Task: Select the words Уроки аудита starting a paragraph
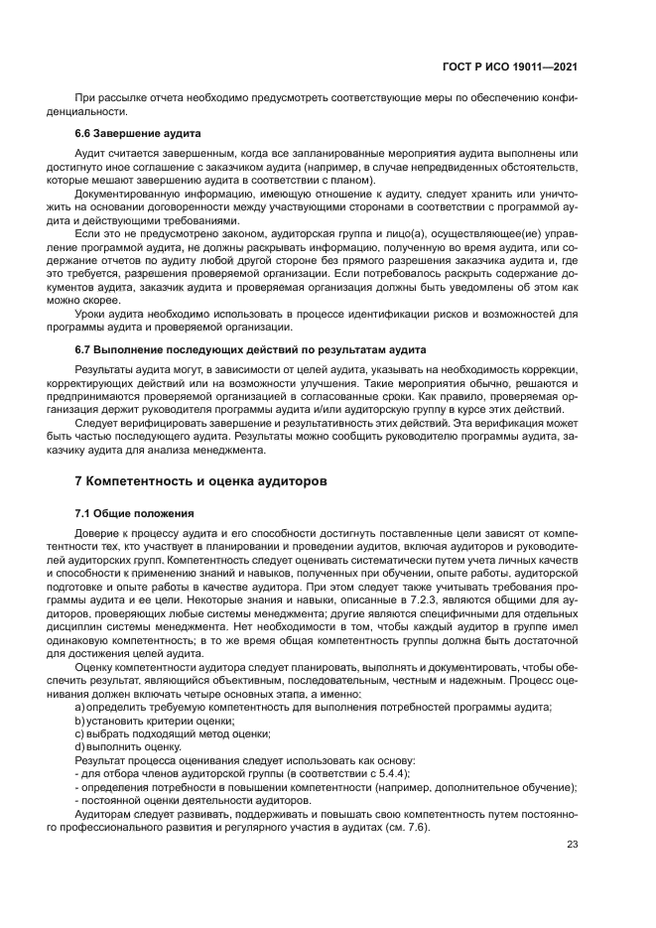point(108,314)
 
